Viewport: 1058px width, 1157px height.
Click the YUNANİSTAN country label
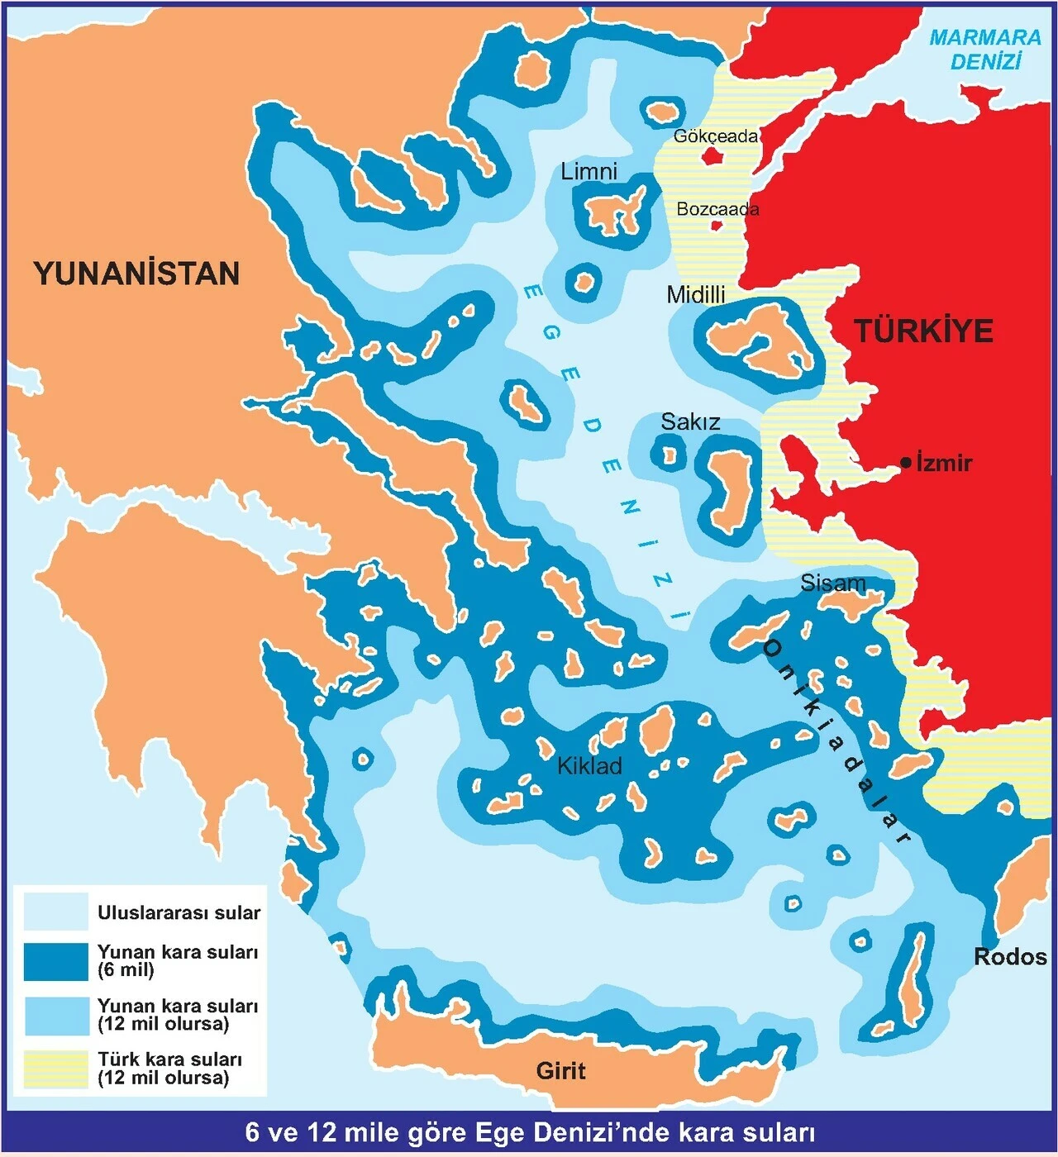coord(136,273)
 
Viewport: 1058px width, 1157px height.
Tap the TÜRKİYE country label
coord(923,331)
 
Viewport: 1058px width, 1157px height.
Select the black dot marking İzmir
coord(906,462)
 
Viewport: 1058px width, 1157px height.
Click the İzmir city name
coord(945,463)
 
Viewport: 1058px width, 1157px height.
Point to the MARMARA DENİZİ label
coord(985,50)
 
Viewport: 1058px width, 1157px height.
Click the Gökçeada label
coord(715,136)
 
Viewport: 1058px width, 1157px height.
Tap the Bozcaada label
coord(717,209)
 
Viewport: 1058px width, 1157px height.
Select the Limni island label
coord(589,172)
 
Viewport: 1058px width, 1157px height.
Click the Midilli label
coord(696,294)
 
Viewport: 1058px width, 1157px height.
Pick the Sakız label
coord(690,422)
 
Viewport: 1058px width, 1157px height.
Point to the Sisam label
coord(832,583)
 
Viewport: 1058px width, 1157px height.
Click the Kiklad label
coord(589,766)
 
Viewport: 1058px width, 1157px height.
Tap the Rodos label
coord(1010,957)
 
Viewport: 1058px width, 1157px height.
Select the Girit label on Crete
coord(560,1071)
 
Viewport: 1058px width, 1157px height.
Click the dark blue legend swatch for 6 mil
coord(55,961)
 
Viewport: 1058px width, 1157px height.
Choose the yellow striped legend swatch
coord(55,1069)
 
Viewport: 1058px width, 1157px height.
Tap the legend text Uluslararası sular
coord(179,912)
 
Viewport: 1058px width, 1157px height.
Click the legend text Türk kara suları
coord(169,1059)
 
